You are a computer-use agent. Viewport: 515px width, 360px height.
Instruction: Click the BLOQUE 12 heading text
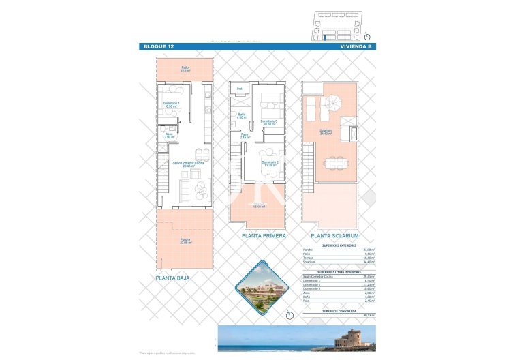tap(157, 46)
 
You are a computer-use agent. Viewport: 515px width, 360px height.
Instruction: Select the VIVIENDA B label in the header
tap(356, 46)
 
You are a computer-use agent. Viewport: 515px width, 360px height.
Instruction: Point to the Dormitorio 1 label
tap(170, 104)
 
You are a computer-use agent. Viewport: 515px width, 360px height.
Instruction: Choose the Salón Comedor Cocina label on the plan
tap(185, 164)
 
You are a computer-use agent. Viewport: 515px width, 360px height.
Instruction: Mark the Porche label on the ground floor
tap(185, 241)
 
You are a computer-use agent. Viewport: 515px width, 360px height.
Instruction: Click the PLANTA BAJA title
tap(173, 278)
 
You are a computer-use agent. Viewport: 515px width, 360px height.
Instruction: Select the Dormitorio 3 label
tap(268, 123)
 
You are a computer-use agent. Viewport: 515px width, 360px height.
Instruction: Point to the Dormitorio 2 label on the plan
tap(268, 163)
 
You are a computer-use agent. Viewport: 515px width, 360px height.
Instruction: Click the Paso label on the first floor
tap(245, 136)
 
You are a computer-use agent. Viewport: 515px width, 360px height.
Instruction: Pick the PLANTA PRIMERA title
tap(263, 235)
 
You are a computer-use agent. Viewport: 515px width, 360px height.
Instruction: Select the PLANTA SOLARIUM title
tap(334, 235)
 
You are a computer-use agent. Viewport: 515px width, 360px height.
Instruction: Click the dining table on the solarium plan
tap(334, 163)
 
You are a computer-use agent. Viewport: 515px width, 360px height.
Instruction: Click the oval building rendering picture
tap(259, 289)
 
